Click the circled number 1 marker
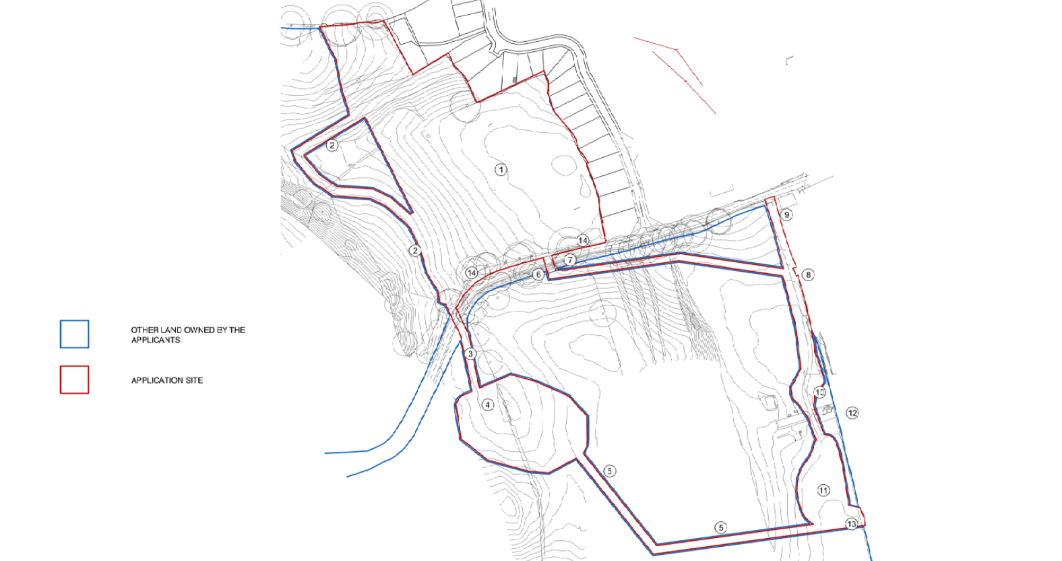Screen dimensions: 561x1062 501,169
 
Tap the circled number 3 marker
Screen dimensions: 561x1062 470,354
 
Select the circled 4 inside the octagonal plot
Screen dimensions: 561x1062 488,405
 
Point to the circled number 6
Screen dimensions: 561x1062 538,274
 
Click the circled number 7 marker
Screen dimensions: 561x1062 570,260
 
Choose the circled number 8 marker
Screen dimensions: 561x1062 808,274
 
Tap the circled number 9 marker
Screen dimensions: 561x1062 786,214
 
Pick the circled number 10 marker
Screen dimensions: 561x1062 819,392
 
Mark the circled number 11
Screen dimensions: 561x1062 823,490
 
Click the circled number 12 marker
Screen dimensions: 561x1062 852,413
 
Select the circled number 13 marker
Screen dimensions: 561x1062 852,524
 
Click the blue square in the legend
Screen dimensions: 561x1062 74,334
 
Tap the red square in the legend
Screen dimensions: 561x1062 74,380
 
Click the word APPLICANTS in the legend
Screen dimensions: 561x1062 156,340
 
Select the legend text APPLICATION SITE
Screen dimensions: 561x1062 166,380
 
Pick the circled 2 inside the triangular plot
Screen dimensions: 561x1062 332,145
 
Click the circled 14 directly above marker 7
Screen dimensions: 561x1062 582,241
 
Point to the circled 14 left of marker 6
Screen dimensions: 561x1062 471,272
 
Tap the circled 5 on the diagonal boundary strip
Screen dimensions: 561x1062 610,471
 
